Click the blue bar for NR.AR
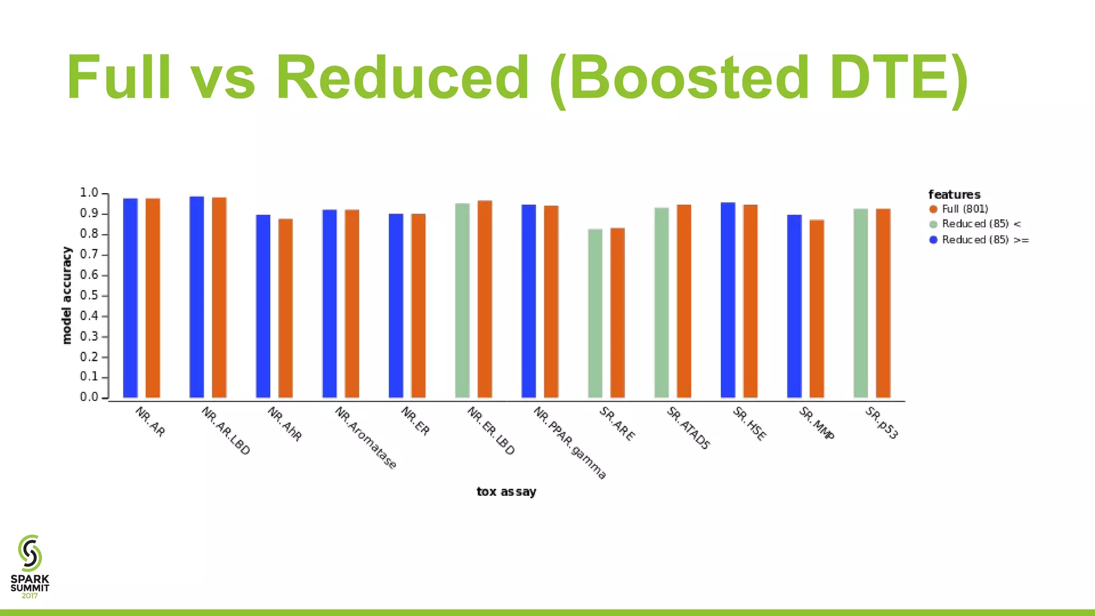[x=130, y=298]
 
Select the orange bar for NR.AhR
[x=286, y=308]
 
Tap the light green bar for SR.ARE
[x=595, y=313]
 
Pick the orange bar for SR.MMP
[x=816, y=309]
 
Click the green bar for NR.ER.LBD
[x=462, y=301]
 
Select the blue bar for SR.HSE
[x=728, y=300]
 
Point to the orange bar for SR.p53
[x=883, y=303]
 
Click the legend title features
[x=954, y=195]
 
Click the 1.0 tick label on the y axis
[x=89, y=193]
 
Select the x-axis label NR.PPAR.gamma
[x=570, y=443]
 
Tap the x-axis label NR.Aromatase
[x=366, y=438]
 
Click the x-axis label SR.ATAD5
[x=689, y=428]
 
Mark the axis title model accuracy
[x=67, y=295]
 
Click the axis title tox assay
[x=506, y=492]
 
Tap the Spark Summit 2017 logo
[x=30, y=566]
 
